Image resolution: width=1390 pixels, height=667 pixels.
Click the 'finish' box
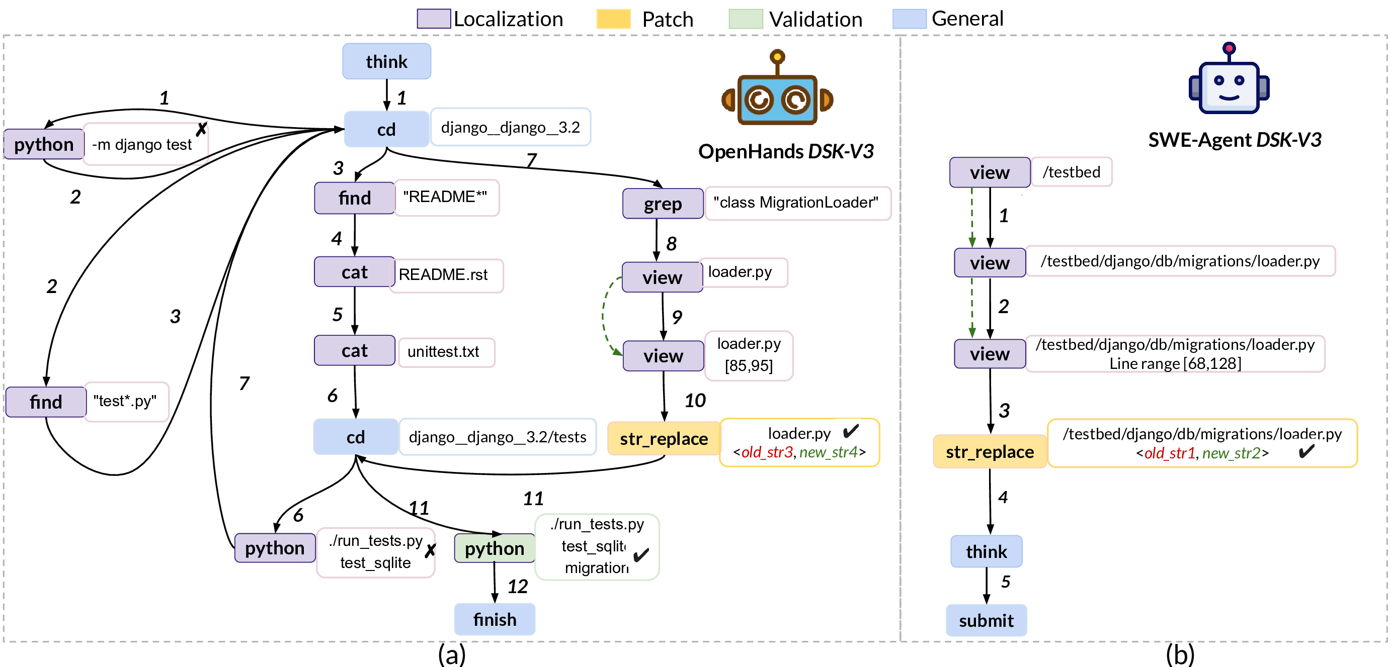tap(494, 619)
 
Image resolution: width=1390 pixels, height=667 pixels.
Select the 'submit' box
tap(986, 620)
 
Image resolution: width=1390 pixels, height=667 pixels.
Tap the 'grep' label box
tap(663, 204)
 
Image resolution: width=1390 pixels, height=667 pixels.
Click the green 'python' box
tap(494, 548)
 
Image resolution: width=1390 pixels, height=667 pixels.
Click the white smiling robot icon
tap(1229, 86)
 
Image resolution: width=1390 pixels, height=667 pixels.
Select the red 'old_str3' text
tap(766, 452)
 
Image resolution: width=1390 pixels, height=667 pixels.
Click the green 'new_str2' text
tap(1231, 453)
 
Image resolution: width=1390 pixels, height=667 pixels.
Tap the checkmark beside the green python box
tap(638, 554)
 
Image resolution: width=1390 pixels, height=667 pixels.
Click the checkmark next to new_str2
tap(1303, 451)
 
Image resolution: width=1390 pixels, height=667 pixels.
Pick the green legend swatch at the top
tap(746, 19)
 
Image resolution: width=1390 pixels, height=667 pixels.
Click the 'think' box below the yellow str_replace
tap(986, 551)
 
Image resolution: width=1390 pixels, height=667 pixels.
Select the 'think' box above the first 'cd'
tap(386, 61)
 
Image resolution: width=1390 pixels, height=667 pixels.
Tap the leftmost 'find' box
tap(46, 402)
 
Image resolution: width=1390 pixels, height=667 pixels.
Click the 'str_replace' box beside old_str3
tap(663, 438)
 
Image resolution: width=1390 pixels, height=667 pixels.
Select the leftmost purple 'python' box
tap(44, 144)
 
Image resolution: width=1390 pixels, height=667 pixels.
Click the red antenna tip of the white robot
tap(1229, 49)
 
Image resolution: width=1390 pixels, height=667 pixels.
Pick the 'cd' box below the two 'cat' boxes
tap(356, 437)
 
